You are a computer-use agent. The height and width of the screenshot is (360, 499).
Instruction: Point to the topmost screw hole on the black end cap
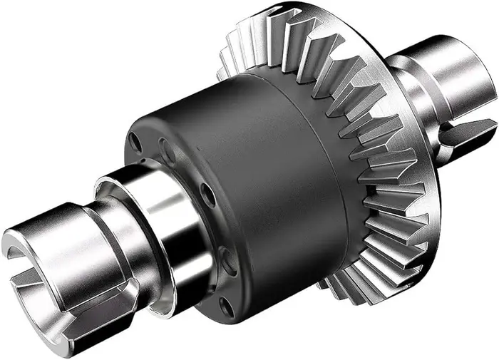135,143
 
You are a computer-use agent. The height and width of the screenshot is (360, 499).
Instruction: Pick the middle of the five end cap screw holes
207,194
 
